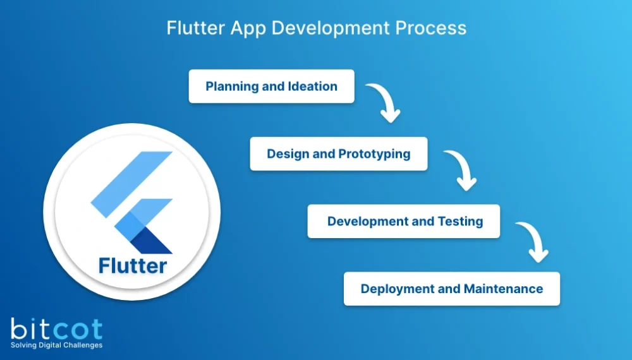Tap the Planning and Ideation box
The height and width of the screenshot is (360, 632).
(271, 87)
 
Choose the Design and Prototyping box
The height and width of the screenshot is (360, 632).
(338, 154)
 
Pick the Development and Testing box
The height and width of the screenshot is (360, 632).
(404, 222)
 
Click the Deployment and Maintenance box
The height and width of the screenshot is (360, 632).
(451, 289)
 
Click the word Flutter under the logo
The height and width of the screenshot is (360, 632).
(133, 265)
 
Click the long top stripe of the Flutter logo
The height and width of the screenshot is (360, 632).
(131, 184)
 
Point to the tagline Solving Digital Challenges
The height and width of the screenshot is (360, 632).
(56, 345)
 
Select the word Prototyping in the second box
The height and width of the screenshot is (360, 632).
(374, 154)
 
